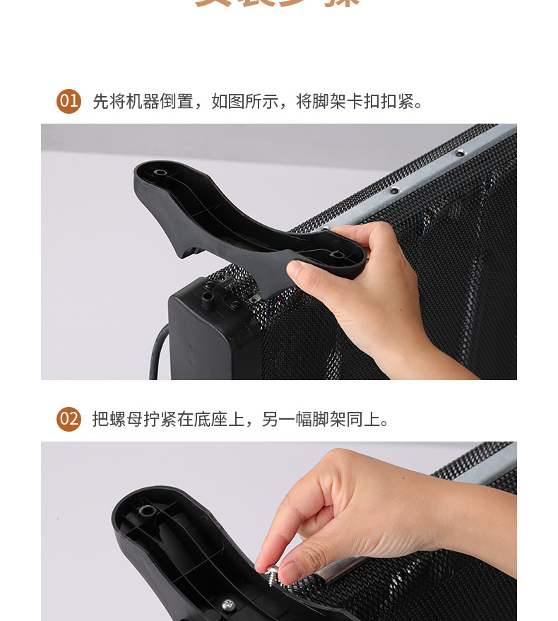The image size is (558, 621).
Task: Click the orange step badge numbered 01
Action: pos(69,101)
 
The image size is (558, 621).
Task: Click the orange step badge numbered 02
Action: pos(69,419)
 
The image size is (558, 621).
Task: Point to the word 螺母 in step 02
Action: pos(126,419)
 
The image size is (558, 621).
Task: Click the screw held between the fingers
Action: pos(273,572)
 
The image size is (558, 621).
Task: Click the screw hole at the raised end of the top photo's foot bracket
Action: pos(160,172)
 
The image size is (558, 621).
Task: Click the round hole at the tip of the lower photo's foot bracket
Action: pos(147,510)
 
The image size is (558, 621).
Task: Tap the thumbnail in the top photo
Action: pos(296,270)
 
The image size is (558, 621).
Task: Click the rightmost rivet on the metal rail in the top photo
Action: pos(460,153)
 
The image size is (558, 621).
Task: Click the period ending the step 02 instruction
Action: pos(385,422)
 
